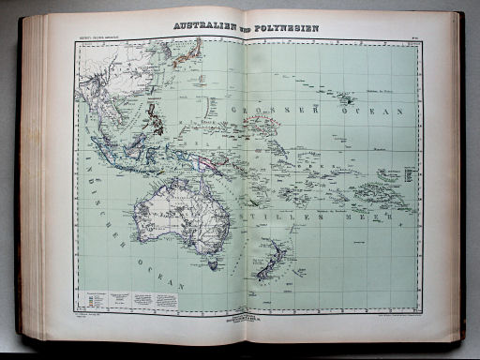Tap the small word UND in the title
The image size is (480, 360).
point(243,29)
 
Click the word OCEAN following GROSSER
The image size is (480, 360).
point(380,111)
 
